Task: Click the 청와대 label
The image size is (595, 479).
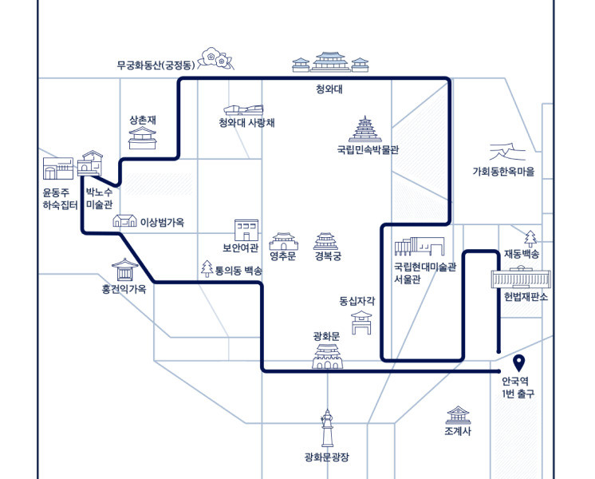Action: click(x=329, y=89)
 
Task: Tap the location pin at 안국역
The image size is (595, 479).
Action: click(x=518, y=363)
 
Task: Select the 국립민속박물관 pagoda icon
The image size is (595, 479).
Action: click(x=365, y=129)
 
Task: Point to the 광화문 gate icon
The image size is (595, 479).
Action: click(x=327, y=356)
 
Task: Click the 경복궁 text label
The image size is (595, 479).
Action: click(x=328, y=256)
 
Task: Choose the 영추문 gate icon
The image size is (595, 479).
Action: click(x=283, y=241)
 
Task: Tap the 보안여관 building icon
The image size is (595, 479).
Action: click(x=246, y=230)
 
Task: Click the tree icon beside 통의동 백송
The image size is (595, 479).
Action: click(x=207, y=268)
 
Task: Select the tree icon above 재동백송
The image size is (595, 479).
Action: click(x=530, y=239)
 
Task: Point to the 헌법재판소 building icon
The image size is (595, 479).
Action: click(x=521, y=277)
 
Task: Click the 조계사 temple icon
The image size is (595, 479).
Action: click(x=458, y=415)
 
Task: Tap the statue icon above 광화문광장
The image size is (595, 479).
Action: click(x=327, y=428)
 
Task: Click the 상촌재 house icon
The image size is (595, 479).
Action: click(x=142, y=138)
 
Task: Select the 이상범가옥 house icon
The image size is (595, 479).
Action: click(x=125, y=220)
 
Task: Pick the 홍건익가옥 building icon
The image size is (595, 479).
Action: click(x=125, y=269)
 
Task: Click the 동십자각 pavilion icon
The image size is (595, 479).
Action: click(x=361, y=323)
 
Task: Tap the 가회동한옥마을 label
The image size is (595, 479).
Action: click(x=503, y=172)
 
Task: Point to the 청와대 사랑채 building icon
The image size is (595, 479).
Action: click(x=243, y=110)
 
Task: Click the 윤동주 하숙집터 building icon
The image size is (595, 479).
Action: click(x=58, y=168)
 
